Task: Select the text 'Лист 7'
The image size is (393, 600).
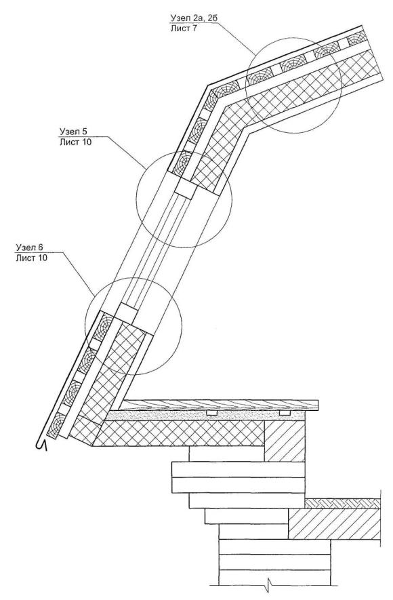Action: pyautogui.click(x=184, y=28)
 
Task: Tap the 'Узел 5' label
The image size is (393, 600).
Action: pyautogui.click(x=73, y=132)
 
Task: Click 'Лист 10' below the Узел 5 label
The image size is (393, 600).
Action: pyautogui.click(x=75, y=142)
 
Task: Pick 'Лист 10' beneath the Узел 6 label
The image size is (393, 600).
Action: pyautogui.click(x=32, y=258)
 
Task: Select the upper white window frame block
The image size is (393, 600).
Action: pyautogui.click(x=186, y=189)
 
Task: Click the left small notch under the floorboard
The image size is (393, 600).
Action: pyautogui.click(x=211, y=413)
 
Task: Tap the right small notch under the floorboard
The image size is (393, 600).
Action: pyautogui.click(x=285, y=413)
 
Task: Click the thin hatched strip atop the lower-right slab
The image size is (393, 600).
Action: pyautogui.click(x=343, y=504)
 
